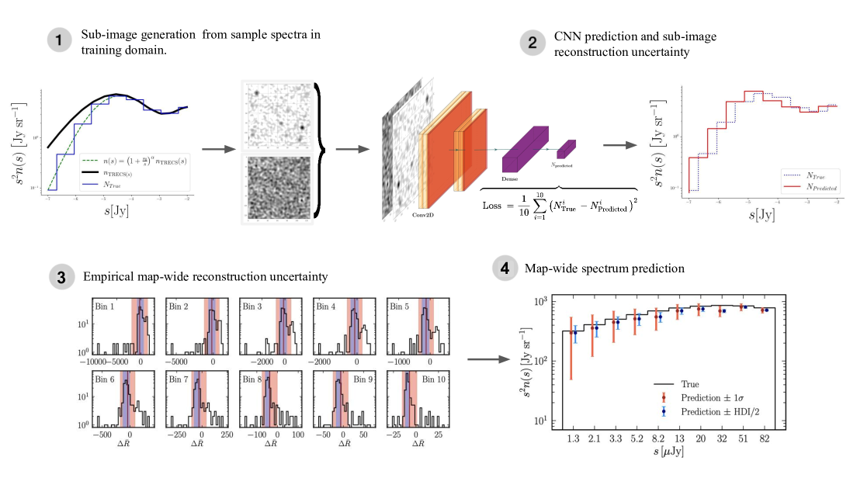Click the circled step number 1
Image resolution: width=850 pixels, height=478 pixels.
(x=61, y=41)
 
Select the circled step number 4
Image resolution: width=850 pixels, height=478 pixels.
(x=505, y=269)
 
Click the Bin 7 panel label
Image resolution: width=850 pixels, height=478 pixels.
(x=179, y=379)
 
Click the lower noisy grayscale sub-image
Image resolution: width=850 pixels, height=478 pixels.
(x=279, y=189)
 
